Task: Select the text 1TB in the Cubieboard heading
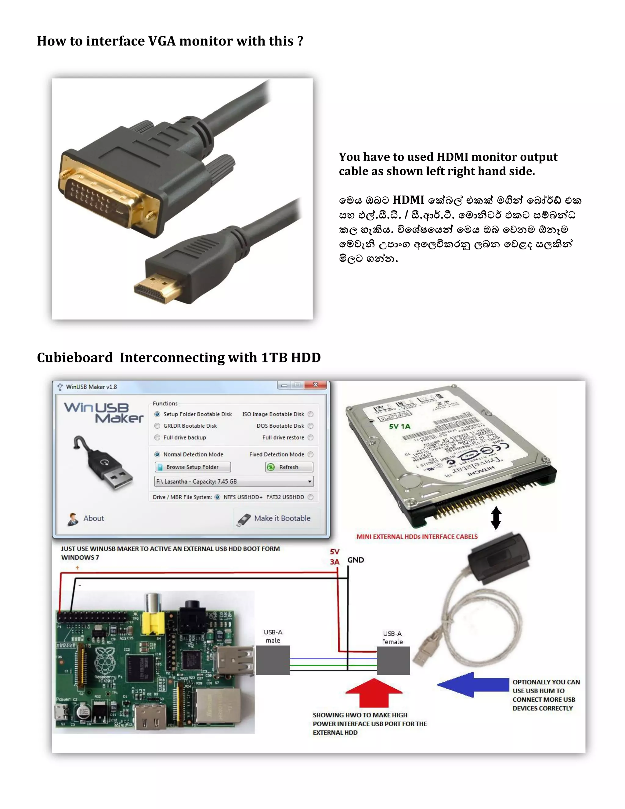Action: (274, 358)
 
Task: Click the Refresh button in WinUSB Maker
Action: (289, 467)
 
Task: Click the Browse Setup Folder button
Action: (193, 467)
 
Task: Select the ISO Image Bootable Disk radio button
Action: (311, 414)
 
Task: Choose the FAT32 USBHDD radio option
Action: (311, 497)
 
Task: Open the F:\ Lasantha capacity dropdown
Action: (309, 481)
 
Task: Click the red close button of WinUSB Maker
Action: (316, 385)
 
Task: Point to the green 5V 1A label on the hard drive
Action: (399, 426)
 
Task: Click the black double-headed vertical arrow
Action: (496, 518)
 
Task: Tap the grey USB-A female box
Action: (393, 660)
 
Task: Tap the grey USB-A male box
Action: (273, 660)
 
